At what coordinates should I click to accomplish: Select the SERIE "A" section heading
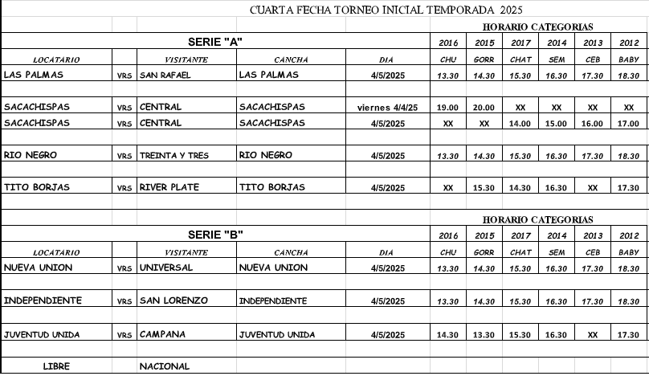215,41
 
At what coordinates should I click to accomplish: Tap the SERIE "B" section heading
215,235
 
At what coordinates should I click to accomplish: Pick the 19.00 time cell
448,108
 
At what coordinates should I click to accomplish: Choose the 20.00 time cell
484,108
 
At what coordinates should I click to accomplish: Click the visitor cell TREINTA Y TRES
173,156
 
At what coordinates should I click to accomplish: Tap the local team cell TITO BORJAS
37,187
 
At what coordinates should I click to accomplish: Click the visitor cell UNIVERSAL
167,268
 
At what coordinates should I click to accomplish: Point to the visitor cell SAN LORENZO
173,300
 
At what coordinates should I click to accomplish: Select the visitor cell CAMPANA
162,333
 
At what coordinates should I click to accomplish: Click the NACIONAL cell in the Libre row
165,366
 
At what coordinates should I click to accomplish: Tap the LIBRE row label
56,366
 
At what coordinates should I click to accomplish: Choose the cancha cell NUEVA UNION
273,268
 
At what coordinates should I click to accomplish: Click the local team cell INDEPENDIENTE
43,300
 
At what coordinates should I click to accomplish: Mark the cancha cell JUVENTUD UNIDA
277,334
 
